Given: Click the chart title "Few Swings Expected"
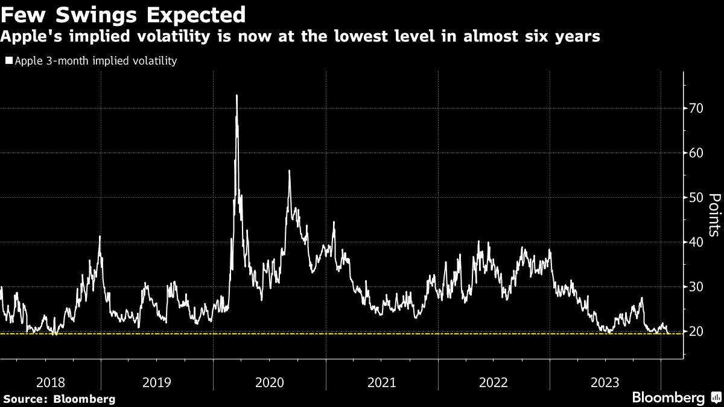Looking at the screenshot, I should tap(124, 14).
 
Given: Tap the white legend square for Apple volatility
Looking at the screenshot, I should tap(8, 61).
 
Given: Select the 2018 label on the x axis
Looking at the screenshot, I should tap(50, 382).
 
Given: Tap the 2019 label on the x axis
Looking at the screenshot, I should tap(157, 382).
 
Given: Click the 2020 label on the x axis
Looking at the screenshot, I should tap(269, 382).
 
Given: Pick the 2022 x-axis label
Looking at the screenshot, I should tap(494, 382).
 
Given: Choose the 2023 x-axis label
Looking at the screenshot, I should tap(605, 382).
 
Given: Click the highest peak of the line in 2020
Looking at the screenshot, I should tap(237, 95).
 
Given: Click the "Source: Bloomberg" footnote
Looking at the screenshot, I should tap(59, 399).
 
